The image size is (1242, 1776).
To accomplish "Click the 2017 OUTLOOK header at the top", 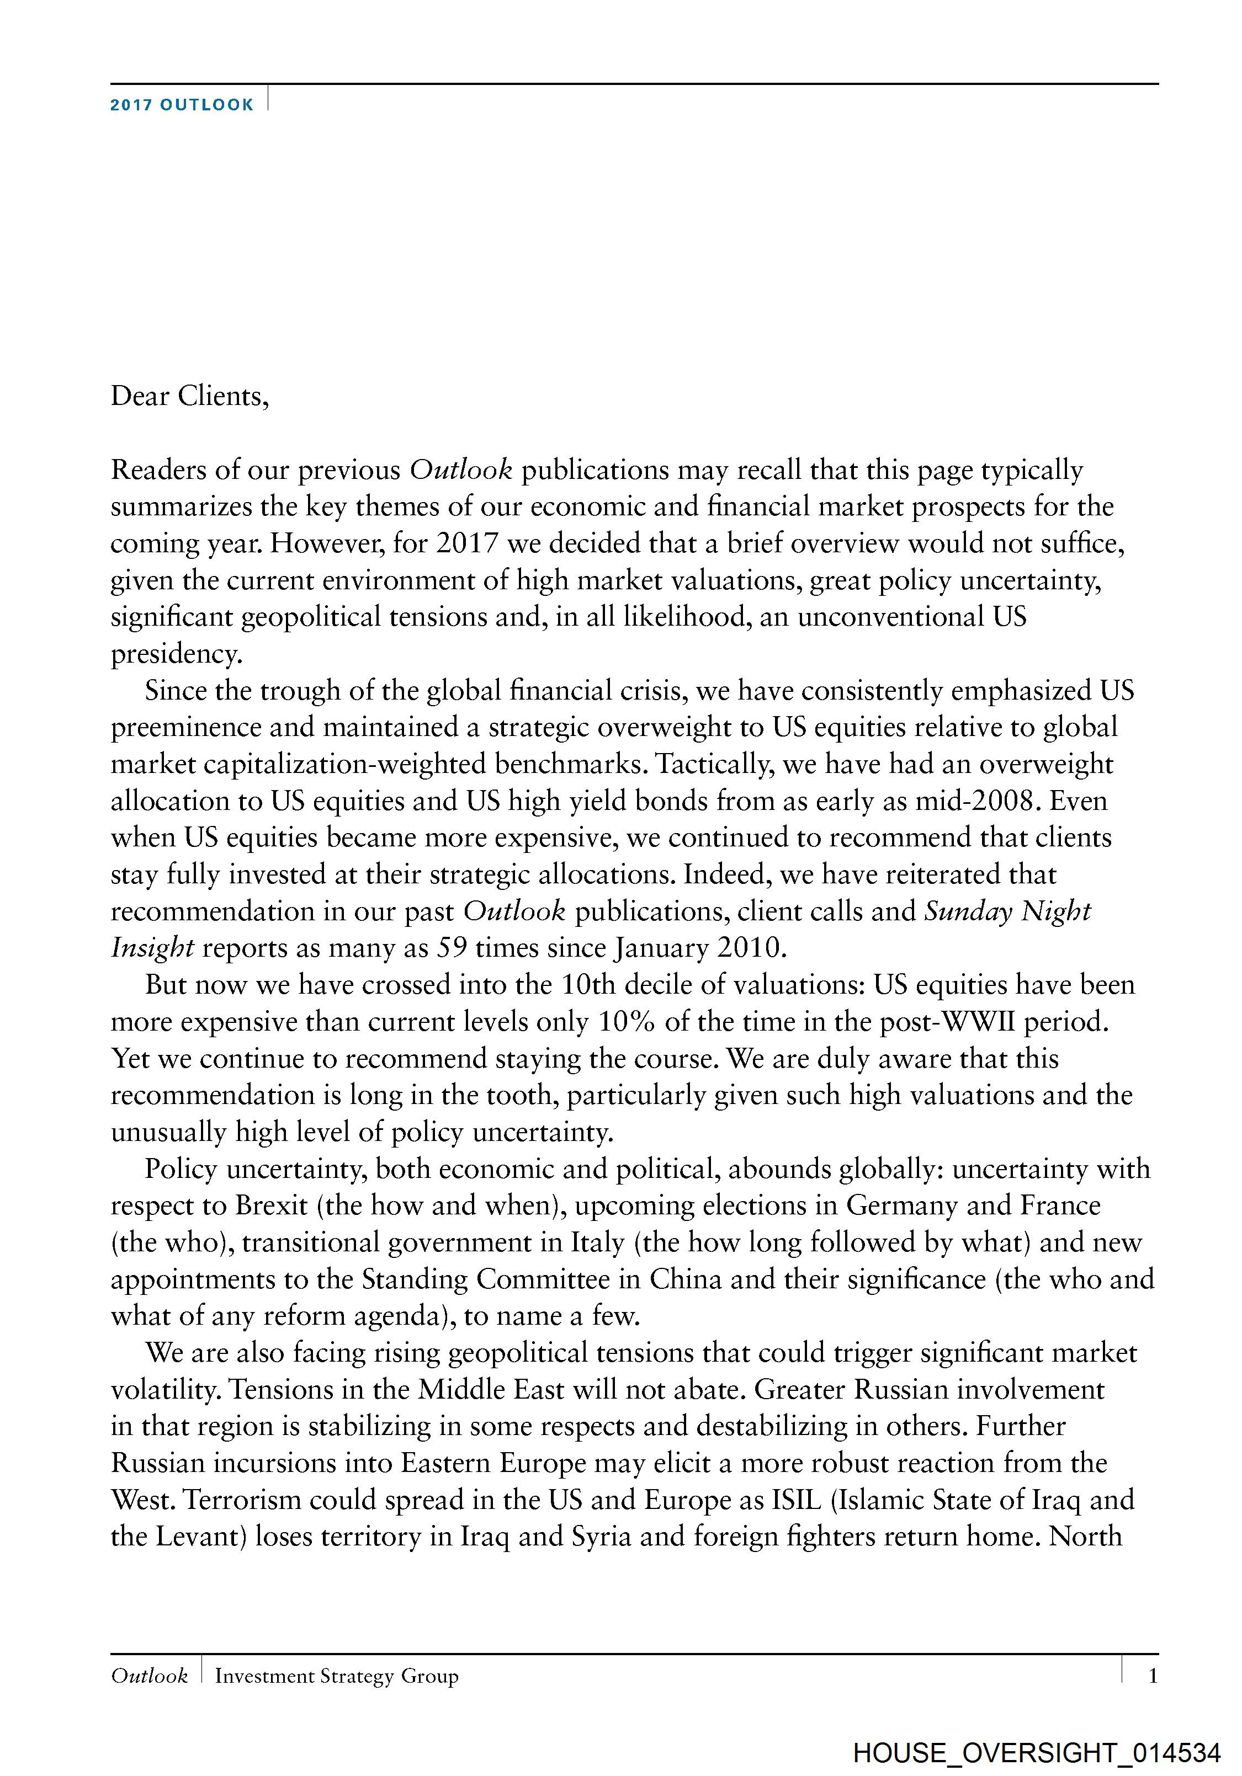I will tap(181, 105).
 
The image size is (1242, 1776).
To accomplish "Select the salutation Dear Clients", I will tap(189, 396).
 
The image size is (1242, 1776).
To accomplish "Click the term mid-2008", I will tap(974, 801).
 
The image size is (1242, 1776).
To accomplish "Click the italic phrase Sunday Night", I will tap(1007, 911).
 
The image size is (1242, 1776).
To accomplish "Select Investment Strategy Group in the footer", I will tap(337, 1676).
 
